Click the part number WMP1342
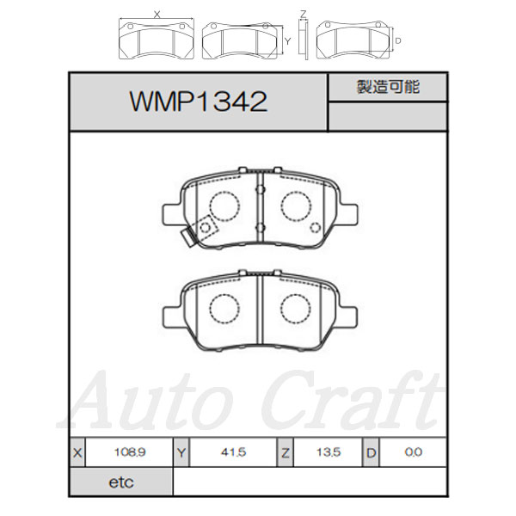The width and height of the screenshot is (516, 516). click(x=199, y=101)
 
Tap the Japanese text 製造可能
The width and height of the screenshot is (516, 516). click(x=389, y=87)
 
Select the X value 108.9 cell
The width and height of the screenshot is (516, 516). click(x=129, y=452)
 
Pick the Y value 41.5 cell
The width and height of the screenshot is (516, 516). click(x=233, y=452)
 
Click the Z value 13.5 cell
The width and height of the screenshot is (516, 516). click(x=329, y=452)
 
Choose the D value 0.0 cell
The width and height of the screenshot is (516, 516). click(x=414, y=452)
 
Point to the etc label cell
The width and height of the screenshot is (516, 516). click(x=121, y=482)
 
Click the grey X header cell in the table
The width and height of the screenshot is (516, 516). click(x=77, y=452)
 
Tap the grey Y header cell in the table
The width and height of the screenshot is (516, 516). click(x=181, y=452)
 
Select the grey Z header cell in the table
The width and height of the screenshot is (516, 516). click(x=285, y=452)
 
